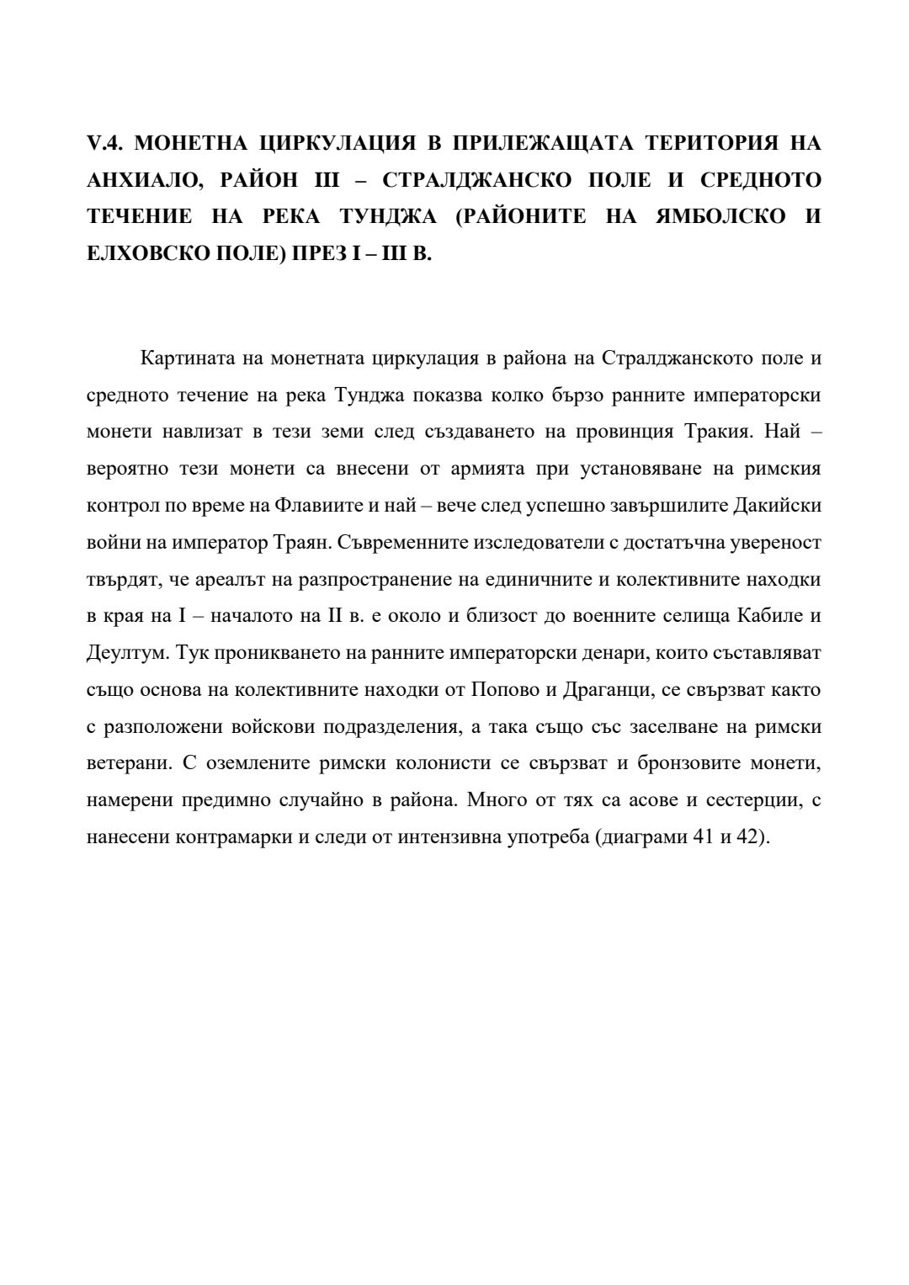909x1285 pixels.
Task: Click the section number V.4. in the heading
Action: coord(105,144)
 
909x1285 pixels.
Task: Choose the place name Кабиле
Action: coord(767,616)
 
